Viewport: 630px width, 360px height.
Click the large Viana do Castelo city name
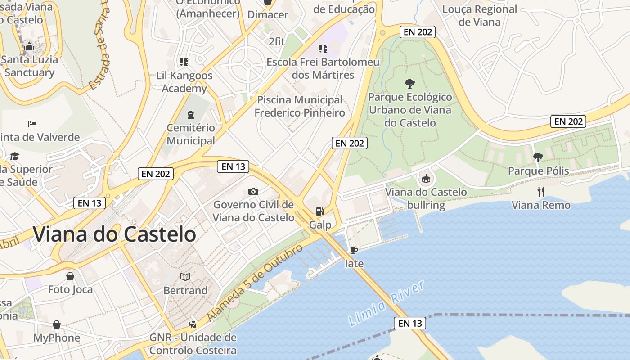[x=114, y=234]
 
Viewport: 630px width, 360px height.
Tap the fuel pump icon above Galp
[x=319, y=211]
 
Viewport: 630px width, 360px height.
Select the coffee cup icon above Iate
[x=354, y=250]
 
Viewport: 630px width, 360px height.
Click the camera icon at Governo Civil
[x=253, y=191]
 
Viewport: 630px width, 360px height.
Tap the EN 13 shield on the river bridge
[x=410, y=323]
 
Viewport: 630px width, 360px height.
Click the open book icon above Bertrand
[x=185, y=277]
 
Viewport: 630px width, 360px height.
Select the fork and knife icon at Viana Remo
[x=541, y=192]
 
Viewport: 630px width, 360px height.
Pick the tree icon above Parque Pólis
[x=538, y=157]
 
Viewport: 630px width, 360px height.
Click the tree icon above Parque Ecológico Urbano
[x=409, y=83]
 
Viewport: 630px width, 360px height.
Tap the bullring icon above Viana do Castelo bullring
[x=425, y=179]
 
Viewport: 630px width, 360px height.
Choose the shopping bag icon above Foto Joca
[x=70, y=275]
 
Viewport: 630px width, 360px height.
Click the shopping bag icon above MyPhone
[x=57, y=324]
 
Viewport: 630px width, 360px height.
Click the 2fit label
[x=277, y=41]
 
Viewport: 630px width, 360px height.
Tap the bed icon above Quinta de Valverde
[x=32, y=124]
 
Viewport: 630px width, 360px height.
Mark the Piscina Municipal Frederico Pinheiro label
[x=300, y=106]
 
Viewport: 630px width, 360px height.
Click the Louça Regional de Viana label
[x=480, y=15]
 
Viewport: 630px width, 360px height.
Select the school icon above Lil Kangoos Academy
[x=184, y=62]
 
